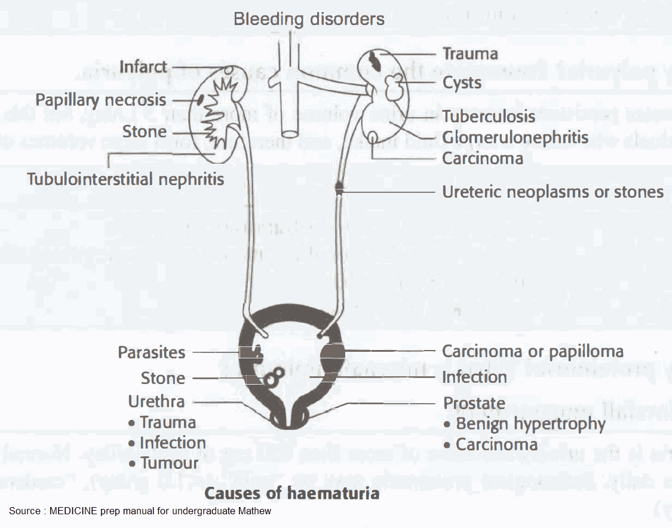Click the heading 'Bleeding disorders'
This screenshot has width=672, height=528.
point(309,19)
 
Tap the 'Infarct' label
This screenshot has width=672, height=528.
point(143,66)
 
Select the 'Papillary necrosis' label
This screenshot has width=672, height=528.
point(100,100)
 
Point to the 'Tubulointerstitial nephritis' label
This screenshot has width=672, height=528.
point(125,178)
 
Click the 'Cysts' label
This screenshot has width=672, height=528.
point(462,82)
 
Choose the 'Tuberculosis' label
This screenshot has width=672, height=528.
point(489,116)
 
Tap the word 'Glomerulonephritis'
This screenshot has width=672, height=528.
point(515,137)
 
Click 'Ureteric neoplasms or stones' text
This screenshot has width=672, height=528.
point(553,192)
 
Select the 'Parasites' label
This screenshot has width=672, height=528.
point(151,352)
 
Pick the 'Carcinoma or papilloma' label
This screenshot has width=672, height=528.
point(532,351)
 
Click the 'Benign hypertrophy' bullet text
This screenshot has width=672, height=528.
point(530,424)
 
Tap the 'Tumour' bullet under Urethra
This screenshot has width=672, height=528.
point(169,463)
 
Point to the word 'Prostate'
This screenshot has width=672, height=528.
point(474,403)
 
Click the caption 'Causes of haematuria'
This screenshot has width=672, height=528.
point(291,493)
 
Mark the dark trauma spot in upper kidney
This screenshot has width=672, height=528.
point(374,60)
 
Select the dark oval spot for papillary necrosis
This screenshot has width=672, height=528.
point(201,99)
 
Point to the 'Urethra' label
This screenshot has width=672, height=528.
point(156,401)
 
